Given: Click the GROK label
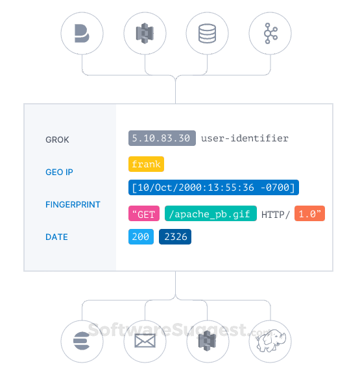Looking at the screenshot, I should (x=57, y=139).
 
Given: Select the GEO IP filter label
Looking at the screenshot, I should (x=59, y=172).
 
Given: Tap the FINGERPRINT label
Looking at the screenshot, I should (x=73, y=204).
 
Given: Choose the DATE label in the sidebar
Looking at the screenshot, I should (x=56, y=237).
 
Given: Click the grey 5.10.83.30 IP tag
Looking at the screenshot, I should (x=162, y=138).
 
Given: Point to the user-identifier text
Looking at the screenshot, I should (x=245, y=138).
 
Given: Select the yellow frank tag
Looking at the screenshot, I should (x=146, y=164).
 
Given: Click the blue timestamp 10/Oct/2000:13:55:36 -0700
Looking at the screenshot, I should (x=213, y=188).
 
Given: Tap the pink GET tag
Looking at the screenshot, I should (x=144, y=214).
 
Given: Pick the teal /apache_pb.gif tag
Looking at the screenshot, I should (x=210, y=214).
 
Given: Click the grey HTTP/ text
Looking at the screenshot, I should (x=276, y=214).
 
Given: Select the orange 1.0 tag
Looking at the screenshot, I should (x=309, y=214).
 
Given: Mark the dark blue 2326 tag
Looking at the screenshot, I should (x=175, y=237).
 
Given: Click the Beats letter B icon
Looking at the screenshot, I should (x=82, y=33).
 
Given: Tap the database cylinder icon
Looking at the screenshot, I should (x=207, y=33).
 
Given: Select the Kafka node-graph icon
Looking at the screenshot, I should (x=270, y=33).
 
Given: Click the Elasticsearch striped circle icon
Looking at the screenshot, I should (x=82, y=340).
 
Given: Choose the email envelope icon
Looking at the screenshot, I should (x=144, y=340).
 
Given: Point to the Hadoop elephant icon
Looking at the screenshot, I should (x=270, y=340).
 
